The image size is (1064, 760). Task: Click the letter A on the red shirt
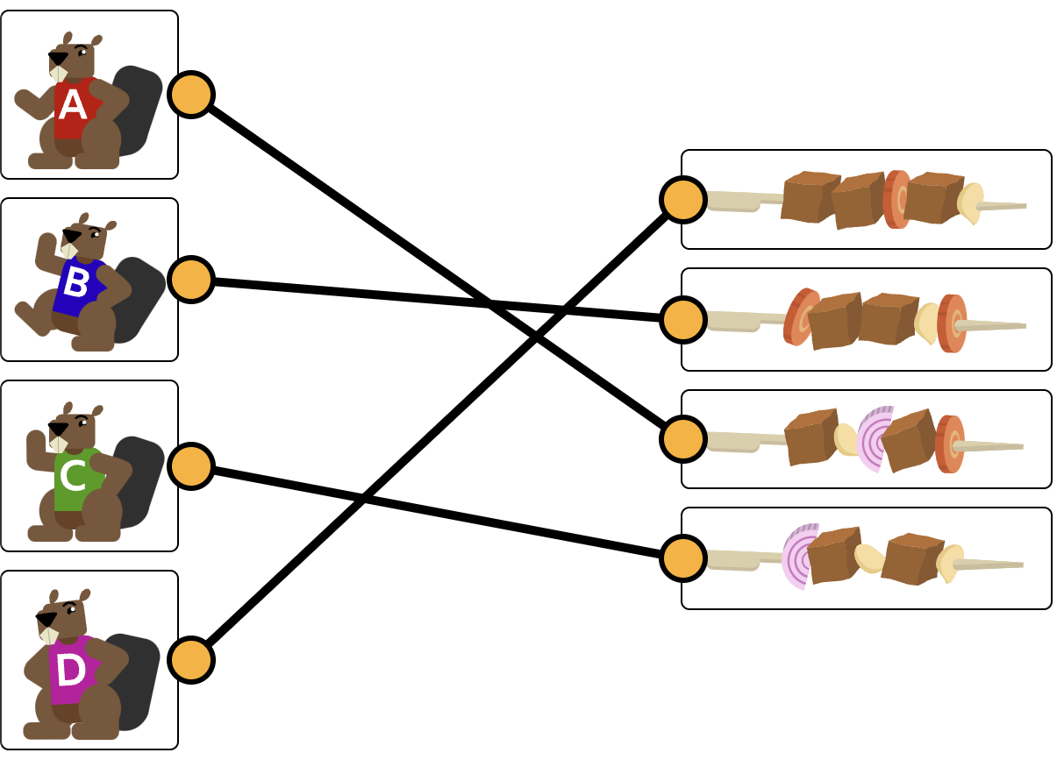point(72,106)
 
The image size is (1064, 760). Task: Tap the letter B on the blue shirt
point(75,283)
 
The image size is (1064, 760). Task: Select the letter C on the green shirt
point(73,475)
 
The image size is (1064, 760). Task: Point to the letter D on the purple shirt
point(70,671)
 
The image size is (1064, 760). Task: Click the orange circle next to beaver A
point(191,95)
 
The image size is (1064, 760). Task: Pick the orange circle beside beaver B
point(191,280)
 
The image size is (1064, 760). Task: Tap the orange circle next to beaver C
point(191,465)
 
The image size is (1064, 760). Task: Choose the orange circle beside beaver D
point(191,660)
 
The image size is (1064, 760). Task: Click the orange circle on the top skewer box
point(683,200)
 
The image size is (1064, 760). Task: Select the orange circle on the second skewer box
point(683,320)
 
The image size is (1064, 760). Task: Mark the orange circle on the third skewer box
point(683,438)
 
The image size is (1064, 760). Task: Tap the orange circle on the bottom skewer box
point(683,558)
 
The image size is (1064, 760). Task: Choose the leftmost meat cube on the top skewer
point(808,196)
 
